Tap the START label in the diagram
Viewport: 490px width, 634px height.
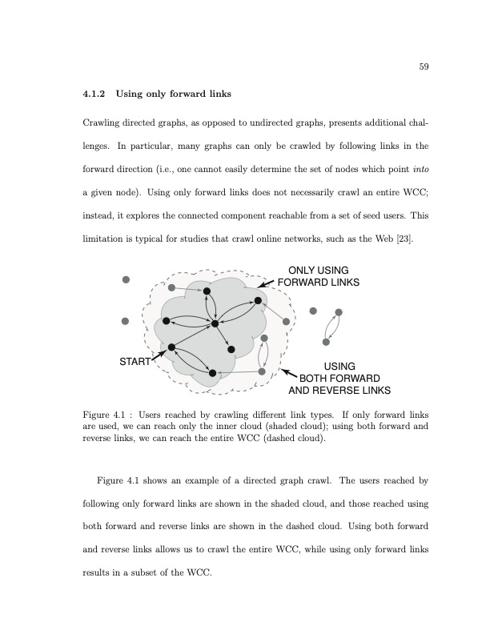[x=135, y=362]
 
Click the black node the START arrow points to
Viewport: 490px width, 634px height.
[x=171, y=347]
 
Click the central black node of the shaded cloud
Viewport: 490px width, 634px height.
[x=215, y=323]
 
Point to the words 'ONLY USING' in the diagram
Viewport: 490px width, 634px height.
[x=318, y=271]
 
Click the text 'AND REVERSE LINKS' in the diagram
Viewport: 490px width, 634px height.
[x=339, y=391]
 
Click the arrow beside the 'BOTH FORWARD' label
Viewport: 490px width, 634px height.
[x=289, y=373]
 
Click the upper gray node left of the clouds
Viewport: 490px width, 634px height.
[x=126, y=279]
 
